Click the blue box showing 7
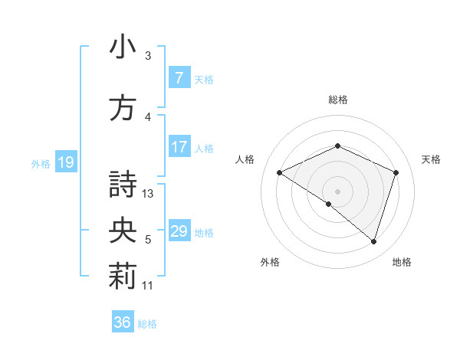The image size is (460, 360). (179, 78)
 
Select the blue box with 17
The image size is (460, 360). (179, 147)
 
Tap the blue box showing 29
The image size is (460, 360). (179, 231)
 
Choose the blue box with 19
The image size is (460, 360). (65, 162)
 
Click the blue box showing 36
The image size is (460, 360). (123, 322)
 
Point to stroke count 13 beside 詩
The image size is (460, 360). (148, 194)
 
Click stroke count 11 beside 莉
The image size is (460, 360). (148, 286)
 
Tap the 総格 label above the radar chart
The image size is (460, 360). (337, 100)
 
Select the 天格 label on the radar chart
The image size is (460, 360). (431, 159)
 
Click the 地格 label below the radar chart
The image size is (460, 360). (402, 262)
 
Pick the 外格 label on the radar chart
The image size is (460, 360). (270, 262)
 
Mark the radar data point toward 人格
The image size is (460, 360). (280, 172)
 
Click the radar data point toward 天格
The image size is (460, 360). (396, 172)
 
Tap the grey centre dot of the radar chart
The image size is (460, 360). (337, 191)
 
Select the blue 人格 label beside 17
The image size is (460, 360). (204, 148)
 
